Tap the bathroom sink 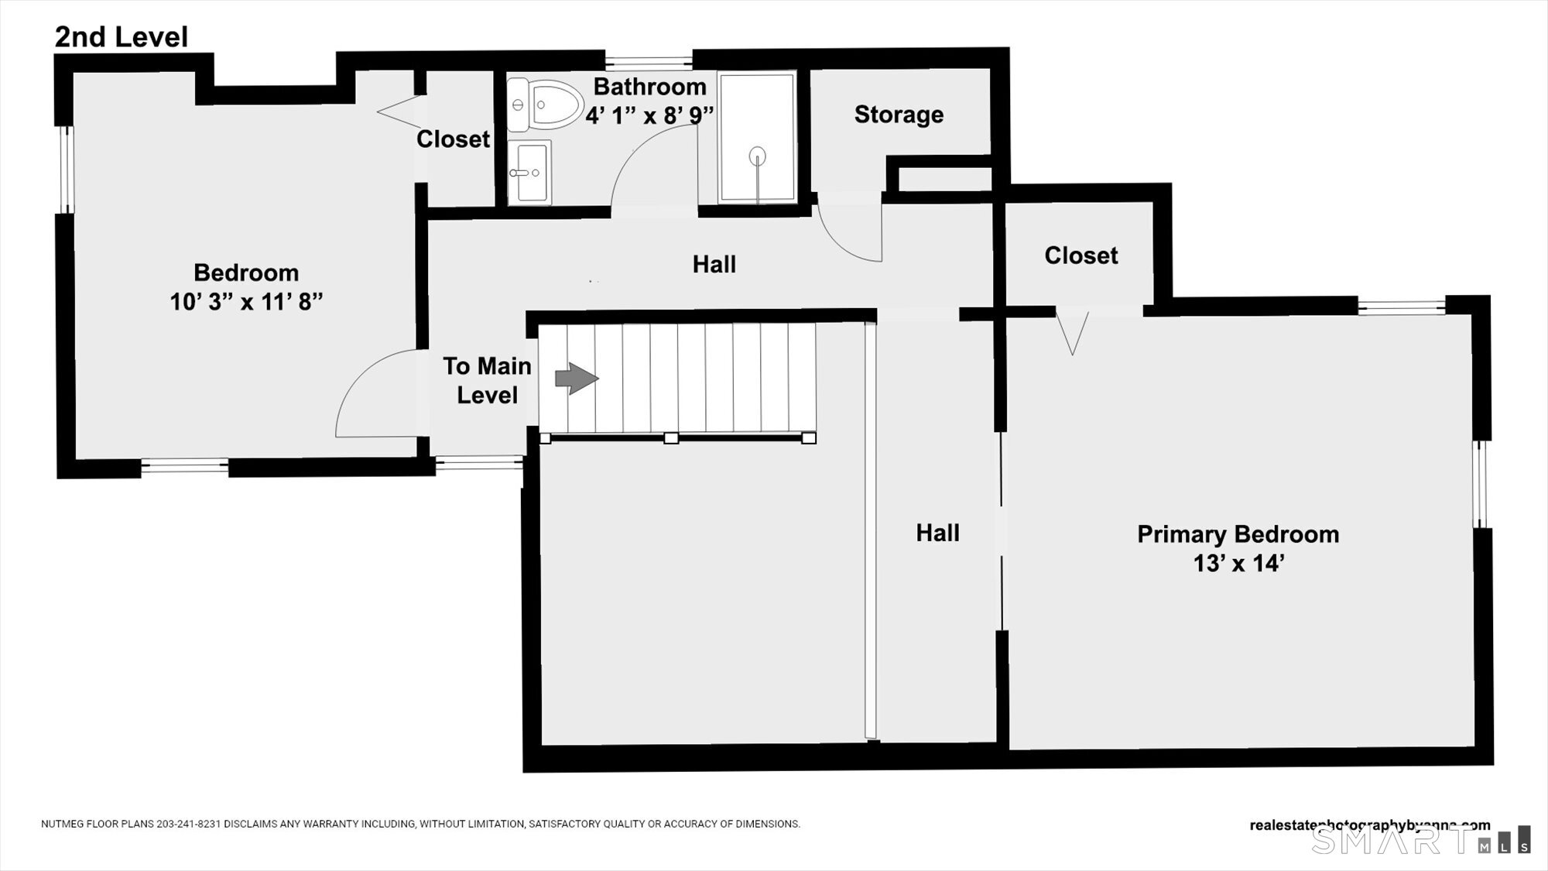click(x=529, y=172)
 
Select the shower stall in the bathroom click(x=757, y=138)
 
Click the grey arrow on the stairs click(x=577, y=379)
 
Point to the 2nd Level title click(x=122, y=37)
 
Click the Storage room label click(x=899, y=115)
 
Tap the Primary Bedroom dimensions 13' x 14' click(x=1238, y=564)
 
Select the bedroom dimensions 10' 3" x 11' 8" click(x=246, y=301)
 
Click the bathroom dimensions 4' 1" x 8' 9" click(x=649, y=115)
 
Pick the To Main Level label click(x=487, y=380)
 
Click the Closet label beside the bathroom click(x=453, y=139)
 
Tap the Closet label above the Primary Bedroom click(x=1081, y=255)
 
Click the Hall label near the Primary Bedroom click(x=937, y=533)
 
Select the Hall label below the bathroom click(x=714, y=265)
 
